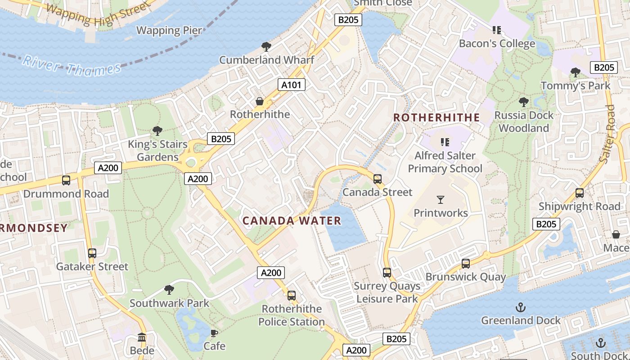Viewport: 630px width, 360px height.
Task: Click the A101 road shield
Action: click(x=291, y=85)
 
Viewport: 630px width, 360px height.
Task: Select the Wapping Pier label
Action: click(x=169, y=31)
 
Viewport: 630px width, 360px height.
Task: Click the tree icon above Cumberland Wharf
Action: click(x=266, y=46)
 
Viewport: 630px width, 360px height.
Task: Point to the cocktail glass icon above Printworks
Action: click(x=441, y=199)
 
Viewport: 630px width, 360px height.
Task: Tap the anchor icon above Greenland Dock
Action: click(x=521, y=307)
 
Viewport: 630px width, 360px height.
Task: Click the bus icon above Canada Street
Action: click(x=378, y=179)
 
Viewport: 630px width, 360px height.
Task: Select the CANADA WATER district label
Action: click(x=292, y=221)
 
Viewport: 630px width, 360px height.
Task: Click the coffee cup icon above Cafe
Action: click(x=214, y=333)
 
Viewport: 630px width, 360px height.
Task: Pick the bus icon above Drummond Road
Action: click(x=66, y=180)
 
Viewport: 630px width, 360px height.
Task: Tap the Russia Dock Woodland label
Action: click(x=524, y=121)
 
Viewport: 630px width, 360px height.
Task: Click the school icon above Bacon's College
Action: click(x=497, y=30)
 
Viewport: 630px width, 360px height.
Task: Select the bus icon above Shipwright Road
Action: click(x=580, y=193)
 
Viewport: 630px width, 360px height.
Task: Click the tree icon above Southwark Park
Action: click(x=169, y=289)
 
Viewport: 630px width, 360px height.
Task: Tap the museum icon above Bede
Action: click(x=142, y=337)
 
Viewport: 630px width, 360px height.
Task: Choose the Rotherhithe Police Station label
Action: click(x=292, y=315)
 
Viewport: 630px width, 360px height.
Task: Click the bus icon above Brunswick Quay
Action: click(x=466, y=264)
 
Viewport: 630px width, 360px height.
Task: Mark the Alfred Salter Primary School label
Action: click(x=445, y=162)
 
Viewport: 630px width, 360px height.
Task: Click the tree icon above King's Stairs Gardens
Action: click(x=157, y=131)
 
